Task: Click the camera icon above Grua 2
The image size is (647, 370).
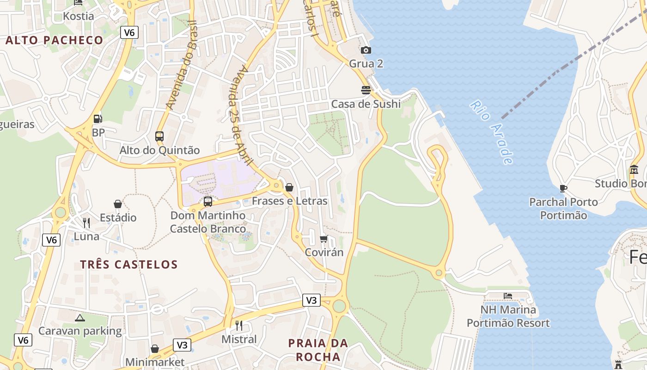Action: coord(366,50)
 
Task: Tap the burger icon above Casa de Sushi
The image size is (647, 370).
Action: coord(366,90)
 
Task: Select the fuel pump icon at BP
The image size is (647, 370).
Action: coord(98,119)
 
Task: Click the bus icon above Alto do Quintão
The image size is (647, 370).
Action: coord(159,136)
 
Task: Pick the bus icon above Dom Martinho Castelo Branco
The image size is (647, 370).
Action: coord(208,202)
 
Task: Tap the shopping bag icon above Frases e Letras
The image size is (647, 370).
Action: coord(289,187)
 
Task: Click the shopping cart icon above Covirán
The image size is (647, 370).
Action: coord(324,239)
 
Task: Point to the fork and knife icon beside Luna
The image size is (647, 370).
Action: coord(86,223)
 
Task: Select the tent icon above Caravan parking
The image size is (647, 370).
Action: coord(80,318)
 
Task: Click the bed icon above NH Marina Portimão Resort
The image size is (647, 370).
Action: coord(508,296)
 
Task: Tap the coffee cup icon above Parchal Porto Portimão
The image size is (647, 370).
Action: coord(563,188)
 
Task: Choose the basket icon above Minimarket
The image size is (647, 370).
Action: coord(155,349)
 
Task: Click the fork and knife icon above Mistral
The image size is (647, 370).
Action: coord(239,326)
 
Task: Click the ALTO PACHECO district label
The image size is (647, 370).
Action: coord(54,40)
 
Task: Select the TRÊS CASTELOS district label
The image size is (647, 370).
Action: coord(129,265)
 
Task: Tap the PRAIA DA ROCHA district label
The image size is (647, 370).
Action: coord(318,350)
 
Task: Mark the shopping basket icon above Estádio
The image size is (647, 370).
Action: coord(118,204)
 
